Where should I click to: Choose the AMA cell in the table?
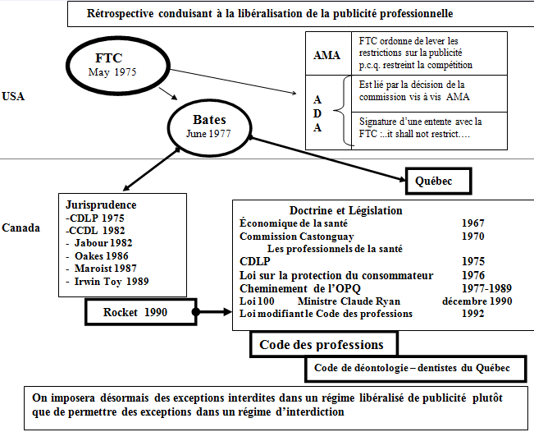click(x=327, y=54)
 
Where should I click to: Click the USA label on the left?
click(x=14, y=96)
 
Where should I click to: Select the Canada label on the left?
click(x=21, y=227)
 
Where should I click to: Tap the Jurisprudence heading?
click(x=99, y=205)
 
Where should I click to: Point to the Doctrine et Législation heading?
click(x=346, y=210)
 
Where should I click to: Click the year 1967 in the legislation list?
click(x=472, y=223)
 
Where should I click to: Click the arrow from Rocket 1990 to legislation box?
click(x=213, y=313)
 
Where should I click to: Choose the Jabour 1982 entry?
click(x=103, y=242)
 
